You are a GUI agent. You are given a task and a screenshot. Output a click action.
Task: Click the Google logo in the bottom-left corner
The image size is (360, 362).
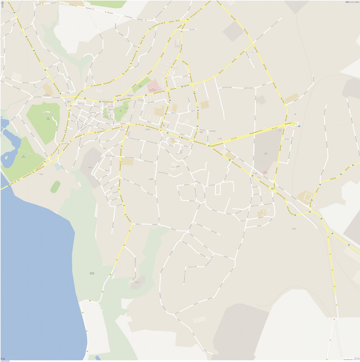(3, 358)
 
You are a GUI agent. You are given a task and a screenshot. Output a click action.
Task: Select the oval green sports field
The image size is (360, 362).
(55, 187)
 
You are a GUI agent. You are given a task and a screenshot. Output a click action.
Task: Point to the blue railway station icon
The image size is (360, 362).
(299, 126)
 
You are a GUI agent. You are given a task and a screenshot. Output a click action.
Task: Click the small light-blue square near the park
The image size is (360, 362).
(58, 167)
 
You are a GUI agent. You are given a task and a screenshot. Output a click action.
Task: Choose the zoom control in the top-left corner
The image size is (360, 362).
(3, 4)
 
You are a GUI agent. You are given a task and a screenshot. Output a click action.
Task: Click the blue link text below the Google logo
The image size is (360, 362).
(5, 361)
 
